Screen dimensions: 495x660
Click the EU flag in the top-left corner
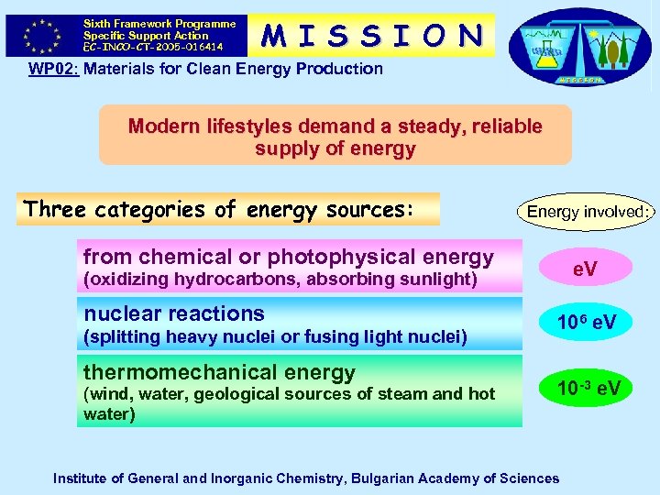(40, 35)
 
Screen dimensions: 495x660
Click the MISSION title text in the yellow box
(372, 35)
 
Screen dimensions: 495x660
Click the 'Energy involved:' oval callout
(587, 212)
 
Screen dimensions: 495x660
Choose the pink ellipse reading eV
(586, 268)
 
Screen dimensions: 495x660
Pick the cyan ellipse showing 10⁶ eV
(586, 324)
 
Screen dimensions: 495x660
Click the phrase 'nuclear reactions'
(174, 313)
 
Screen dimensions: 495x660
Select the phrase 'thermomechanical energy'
(219, 372)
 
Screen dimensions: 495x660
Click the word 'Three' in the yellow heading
(54, 210)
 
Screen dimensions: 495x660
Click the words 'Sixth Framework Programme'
(159, 24)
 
